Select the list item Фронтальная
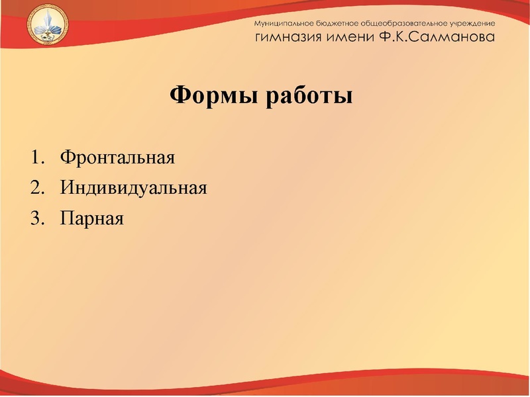click(117, 158)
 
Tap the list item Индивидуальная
click(133, 188)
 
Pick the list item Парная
click(91, 218)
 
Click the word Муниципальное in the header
click(284, 23)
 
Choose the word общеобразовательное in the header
click(406, 23)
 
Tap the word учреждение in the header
click(472, 23)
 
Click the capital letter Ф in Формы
click(179, 96)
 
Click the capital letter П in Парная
click(66, 218)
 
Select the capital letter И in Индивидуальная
click(66, 188)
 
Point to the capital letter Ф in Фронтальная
click(66, 158)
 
